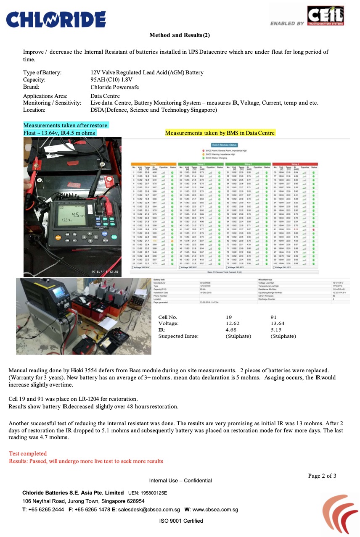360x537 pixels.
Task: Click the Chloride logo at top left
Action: tap(56, 19)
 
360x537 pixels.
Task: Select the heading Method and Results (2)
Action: tap(180, 35)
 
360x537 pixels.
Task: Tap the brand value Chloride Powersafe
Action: tap(114, 87)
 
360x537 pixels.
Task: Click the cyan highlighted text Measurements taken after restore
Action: tap(65, 126)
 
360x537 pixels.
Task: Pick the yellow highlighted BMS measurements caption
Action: tap(220, 133)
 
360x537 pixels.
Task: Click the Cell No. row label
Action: tap(167, 317)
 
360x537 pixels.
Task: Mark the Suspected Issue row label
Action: tap(178, 336)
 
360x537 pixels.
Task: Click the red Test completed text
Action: tap(28, 454)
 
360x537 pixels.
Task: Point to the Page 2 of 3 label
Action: tap(322, 476)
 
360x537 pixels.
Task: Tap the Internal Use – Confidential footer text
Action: tap(180, 480)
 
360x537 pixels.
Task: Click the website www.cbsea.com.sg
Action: tap(215, 510)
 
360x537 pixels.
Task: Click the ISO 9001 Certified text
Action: tap(181, 521)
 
